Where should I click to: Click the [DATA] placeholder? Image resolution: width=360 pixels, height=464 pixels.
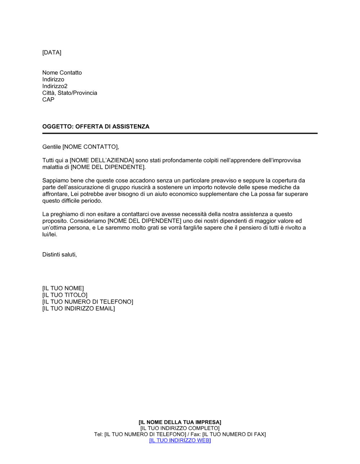pyautogui.click(x=52, y=53)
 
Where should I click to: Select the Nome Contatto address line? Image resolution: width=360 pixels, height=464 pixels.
pyautogui.click(x=62, y=73)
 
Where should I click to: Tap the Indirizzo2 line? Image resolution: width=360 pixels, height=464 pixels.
pyautogui.click(x=55, y=86)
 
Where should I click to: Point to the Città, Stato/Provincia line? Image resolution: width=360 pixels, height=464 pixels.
pyautogui.click(x=69, y=93)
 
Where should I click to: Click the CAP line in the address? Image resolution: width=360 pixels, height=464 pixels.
pyautogui.click(x=48, y=100)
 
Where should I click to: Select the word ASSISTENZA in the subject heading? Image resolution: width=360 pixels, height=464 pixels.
pyautogui.click(x=131, y=127)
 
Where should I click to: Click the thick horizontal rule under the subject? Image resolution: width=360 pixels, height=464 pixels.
pyautogui.click(x=180, y=133)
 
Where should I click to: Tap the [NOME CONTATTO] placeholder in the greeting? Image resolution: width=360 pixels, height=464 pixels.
pyautogui.click(x=90, y=147)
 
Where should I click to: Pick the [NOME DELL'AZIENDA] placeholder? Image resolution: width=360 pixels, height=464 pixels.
pyautogui.click(x=102, y=160)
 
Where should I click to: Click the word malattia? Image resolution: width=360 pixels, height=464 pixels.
pyautogui.click(x=53, y=167)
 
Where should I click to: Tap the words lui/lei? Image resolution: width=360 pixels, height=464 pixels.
pyautogui.click(x=50, y=235)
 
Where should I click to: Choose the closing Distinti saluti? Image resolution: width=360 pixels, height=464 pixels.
pyautogui.click(x=59, y=255)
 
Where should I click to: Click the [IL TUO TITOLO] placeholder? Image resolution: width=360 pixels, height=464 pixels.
pyautogui.click(x=65, y=295)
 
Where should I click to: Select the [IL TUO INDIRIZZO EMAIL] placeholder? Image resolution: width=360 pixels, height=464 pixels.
pyautogui.click(x=78, y=309)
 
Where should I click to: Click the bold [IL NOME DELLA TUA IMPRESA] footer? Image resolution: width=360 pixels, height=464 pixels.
pyautogui.click(x=180, y=422)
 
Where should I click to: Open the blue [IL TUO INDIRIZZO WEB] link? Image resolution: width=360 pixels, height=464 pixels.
pyautogui.click(x=180, y=441)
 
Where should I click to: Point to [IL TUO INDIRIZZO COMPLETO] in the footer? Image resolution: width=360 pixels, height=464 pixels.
pyautogui.click(x=180, y=428)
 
